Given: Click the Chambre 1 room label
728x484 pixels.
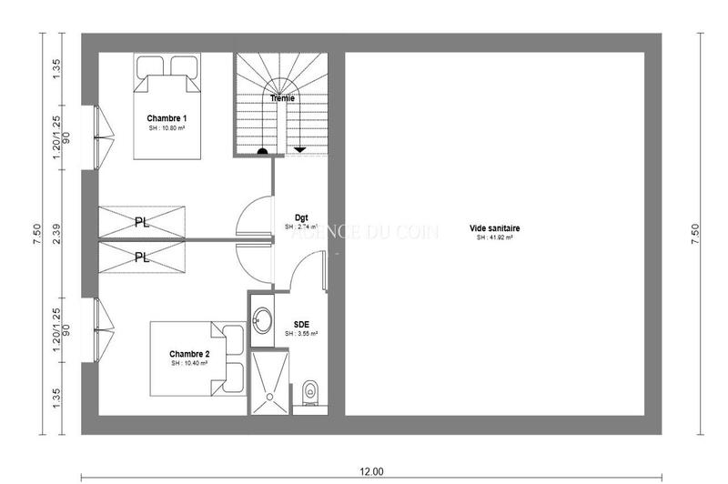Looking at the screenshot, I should click(167, 119).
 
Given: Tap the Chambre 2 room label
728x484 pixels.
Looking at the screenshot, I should click(189, 354).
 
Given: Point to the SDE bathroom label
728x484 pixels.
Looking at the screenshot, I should click(300, 324).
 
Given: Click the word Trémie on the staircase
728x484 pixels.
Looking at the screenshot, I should click(281, 97).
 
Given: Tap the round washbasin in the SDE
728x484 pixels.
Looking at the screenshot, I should click(262, 319).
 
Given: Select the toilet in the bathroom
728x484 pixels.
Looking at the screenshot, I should click(309, 392).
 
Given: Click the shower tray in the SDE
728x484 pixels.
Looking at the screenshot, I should click(272, 383).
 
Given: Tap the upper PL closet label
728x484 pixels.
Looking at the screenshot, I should click(142, 222).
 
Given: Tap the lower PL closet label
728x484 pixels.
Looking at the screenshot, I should click(142, 257).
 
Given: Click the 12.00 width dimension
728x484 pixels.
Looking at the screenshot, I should click(371, 471).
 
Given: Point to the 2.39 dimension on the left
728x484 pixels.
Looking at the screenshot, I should click(56, 234).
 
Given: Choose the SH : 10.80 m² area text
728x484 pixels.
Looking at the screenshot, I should click(167, 128).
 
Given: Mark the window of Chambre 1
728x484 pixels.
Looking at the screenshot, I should click(100, 136).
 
